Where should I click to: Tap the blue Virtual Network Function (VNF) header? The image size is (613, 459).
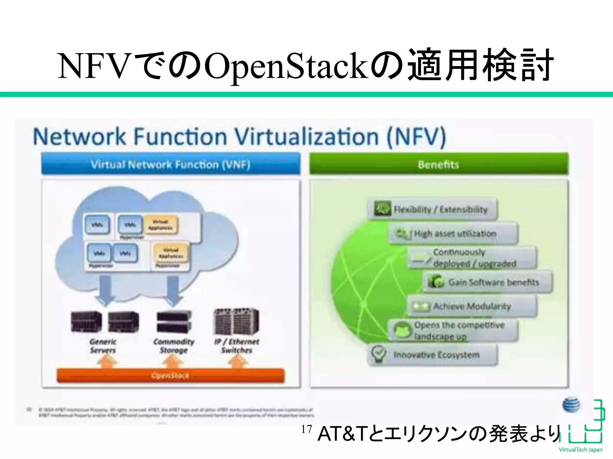click(x=171, y=164)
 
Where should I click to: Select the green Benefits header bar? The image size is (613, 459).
click(x=438, y=164)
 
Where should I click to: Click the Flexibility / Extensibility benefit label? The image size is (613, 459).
click(x=440, y=209)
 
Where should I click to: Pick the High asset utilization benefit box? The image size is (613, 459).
click(x=453, y=233)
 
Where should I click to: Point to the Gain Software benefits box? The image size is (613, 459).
click(x=488, y=282)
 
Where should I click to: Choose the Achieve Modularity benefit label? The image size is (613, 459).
click(x=472, y=306)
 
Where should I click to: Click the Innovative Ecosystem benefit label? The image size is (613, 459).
click(x=436, y=355)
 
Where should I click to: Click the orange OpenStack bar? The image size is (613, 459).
click(x=170, y=375)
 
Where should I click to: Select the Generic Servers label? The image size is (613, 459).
click(x=103, y=346)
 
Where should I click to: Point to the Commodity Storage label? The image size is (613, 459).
click(x=174, y=346)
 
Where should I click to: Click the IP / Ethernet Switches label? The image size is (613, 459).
click(x=236, y=346)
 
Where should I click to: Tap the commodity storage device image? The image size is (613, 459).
click(x=174, y=322)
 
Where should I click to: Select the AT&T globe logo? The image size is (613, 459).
click(x=571, y=405)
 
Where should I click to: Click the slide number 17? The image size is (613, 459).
click(x=306, y=429)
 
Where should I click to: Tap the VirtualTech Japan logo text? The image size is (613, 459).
click(x=580, y=450)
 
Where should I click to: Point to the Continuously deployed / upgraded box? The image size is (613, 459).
click(x=473, y=258)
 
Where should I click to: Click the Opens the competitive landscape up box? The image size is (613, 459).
click(x=453, y=331)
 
